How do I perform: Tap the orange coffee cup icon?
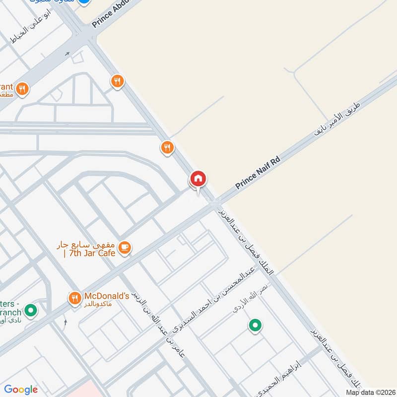pos(125,248)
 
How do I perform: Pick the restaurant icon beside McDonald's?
pos(74,298)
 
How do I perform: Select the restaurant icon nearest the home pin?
pos(167,147)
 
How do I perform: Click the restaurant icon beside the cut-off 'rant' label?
pos(22,89)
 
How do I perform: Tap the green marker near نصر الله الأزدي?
pos(255,326)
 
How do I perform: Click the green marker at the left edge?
pos(31,311)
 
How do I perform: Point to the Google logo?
pos(21,390)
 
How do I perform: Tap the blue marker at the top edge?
pos(84,2)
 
